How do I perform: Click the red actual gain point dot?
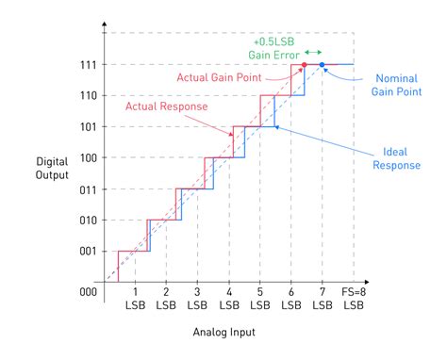coord(304,64)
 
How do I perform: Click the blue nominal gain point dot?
coord(322,64)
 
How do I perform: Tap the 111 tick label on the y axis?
coord(88,64)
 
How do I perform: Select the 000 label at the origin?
coord(88,292)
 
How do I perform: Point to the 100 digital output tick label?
coord(88,157)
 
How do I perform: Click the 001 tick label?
coord(88,251)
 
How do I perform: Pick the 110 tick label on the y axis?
coord(88,95)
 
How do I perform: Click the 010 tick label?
coord(88,220)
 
